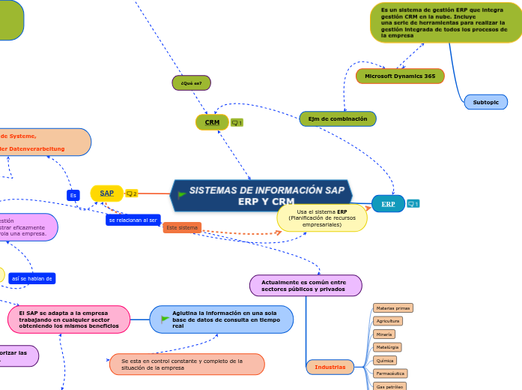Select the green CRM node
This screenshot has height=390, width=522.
(212, 121)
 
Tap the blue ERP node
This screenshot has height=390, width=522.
(388, 203)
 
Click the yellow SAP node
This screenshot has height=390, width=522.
(107, 193)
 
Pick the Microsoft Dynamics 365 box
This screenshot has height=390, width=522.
(400, 76)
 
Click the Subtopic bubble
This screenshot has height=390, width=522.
(485, 102)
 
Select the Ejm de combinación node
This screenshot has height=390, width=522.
(338, 118)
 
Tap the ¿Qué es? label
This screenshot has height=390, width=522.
(191, 82)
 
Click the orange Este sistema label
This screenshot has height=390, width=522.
(182, 227)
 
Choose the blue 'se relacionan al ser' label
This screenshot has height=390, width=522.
(133, 220)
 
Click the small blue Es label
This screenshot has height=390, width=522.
(73, 195)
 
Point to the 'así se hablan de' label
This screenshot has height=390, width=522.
(32, 278)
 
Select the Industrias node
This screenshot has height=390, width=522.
(330, 367)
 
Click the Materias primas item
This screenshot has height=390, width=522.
(393, 308)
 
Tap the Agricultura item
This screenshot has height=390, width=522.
(388, 321)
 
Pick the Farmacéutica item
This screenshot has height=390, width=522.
(390, 373)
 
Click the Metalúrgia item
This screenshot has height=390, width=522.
(387, 347)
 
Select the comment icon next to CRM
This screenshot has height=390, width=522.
(237, 122)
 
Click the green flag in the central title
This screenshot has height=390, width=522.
(181, 195)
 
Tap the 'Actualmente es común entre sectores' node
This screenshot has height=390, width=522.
(305, 285)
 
